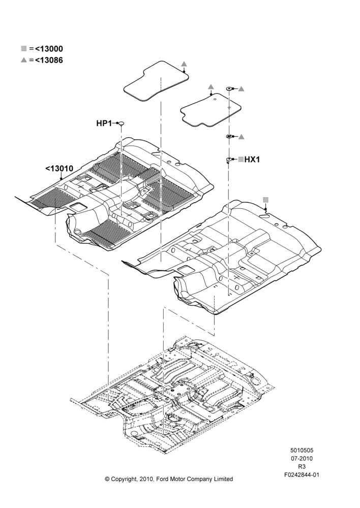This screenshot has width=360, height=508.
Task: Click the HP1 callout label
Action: click(104, 123)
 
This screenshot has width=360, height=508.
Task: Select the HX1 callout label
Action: click(252, 160)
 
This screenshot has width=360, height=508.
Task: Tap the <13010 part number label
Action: click(59, 169)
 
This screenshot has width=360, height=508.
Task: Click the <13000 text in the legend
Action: click(49, 49)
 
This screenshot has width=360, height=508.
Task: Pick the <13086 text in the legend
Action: click(49, 60)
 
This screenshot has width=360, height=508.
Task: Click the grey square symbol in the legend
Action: click(24, 49)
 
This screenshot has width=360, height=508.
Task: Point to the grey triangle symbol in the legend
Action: click(24, 60)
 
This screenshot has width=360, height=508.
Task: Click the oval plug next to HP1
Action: click(122, 123)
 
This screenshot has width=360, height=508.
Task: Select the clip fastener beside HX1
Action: click(229, 160)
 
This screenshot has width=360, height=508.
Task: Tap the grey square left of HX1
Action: click(241, 160)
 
